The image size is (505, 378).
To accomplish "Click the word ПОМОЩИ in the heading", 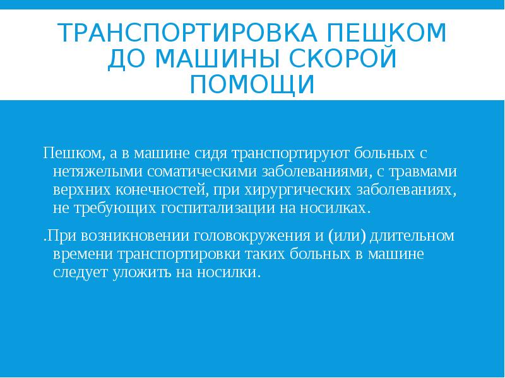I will (252, 84).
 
